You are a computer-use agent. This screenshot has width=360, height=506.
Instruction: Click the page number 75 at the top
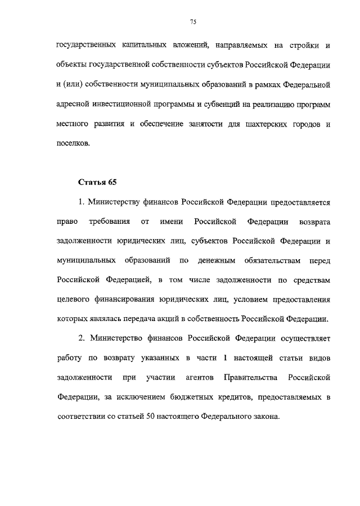pyautogui.click(x=193, y=21)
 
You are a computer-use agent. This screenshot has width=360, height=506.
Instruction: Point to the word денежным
pyautogui.click(x=217, y=261)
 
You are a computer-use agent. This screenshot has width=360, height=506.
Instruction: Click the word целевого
pyautogui.click(x=74, y=299)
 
